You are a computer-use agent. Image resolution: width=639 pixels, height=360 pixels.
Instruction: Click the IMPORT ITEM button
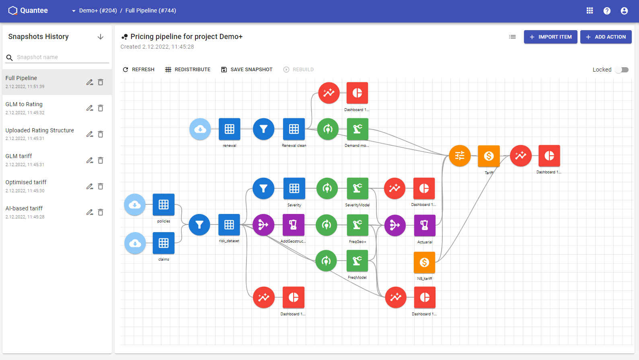pos(551,37)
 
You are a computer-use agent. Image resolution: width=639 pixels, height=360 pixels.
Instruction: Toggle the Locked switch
pos(622,70)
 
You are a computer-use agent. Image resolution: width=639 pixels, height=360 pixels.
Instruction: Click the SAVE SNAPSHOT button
pos(247,70)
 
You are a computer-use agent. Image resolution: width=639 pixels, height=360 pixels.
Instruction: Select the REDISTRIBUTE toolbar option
pos(188,70)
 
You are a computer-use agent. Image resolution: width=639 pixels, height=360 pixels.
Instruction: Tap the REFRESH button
pos(139,70)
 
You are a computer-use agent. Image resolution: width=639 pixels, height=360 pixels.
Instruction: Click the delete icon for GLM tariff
pos(101,160)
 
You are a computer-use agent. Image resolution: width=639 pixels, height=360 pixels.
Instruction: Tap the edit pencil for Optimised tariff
pos(90,186)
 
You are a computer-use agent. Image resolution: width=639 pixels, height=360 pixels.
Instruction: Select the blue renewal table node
pos(230,129)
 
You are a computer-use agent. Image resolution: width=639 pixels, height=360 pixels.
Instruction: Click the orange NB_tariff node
pos(425,262)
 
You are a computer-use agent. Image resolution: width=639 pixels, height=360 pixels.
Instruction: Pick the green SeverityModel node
pos(358,189)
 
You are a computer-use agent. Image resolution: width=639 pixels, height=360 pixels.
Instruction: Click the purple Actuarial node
pos(425,225)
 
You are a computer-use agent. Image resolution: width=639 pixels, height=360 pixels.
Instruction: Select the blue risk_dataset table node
pos(229,225)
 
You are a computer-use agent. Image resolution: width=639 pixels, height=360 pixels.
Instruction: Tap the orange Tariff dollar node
pos(489,156)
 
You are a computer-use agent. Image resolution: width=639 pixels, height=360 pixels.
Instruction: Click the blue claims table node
pos(164,243)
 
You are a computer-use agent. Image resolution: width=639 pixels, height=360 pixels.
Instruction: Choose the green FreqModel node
pos(357,261)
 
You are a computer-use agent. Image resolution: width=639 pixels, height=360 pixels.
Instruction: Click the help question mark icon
pos(607,11)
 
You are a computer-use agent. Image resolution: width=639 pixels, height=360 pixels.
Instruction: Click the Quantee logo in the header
pos(28,10)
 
